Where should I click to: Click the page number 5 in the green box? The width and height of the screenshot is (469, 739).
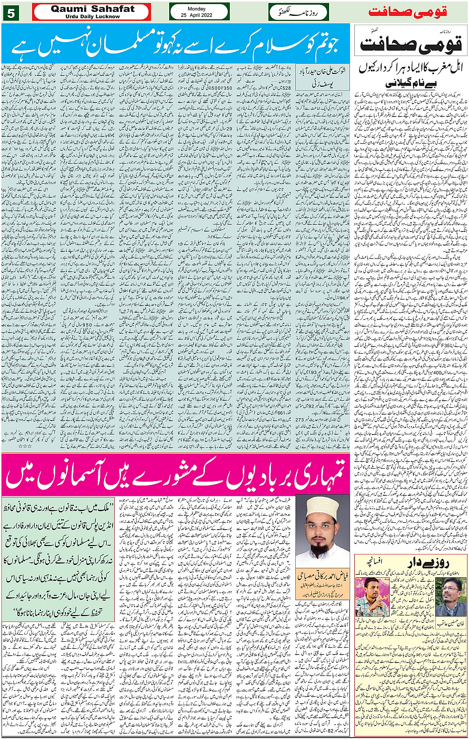pyautogui.click(x=11, y=12)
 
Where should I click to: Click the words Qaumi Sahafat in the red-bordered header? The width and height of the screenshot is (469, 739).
pyautogui.click(x=92, y=9)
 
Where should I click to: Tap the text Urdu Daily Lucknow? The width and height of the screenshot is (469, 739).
pyautogui.click(x=92, y=16)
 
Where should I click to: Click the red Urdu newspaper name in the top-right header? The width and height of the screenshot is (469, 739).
pyautogui.click(x=415, y=11)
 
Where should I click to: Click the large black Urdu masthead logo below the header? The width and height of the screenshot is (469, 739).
pyautogui.click(x=411, y=44)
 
